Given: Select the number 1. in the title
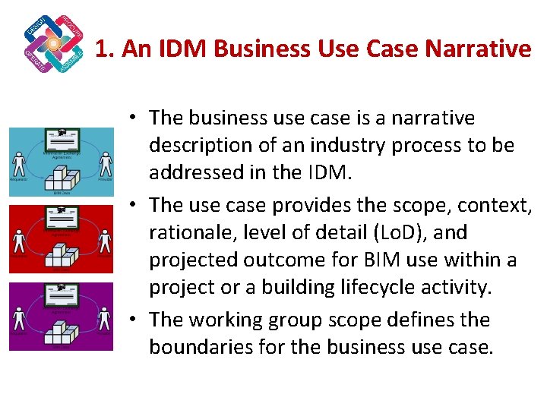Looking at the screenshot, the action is pyautogui.click(x=105, y=49).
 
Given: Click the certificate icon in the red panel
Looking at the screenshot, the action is pyautogui.click(x=62, y=217).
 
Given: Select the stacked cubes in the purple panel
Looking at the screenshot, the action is pyautogui.click(x=62, y=330).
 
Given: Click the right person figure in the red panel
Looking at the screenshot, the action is pyautogui.click(x=106, y=241).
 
